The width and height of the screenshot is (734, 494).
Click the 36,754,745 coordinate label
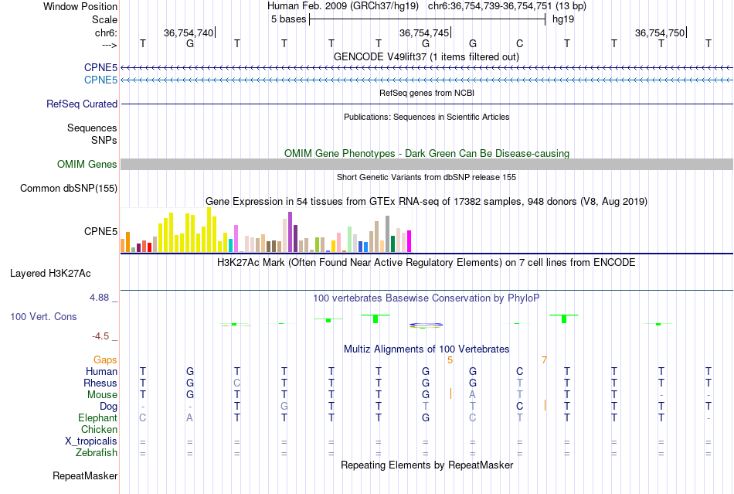[423, 32]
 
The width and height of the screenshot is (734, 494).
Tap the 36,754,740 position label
[188, 32]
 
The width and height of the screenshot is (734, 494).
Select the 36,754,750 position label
[659, 32]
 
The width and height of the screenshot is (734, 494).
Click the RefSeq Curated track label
[82, 104]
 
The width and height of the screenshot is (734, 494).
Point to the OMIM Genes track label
[87, 164]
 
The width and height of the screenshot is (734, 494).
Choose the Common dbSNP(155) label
[69, 188]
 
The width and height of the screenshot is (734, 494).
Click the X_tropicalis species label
[91, 441]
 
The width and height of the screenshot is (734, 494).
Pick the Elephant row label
[97, 417]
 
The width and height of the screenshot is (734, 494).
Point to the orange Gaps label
[105, 359]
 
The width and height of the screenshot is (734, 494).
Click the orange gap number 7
[544, 360]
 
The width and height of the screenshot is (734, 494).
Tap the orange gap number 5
[450, 360]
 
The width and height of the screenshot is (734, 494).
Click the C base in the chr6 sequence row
[520, 44]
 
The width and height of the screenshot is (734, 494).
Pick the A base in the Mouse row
[473, 394]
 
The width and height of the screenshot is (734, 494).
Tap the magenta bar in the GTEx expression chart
[409, 241]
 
